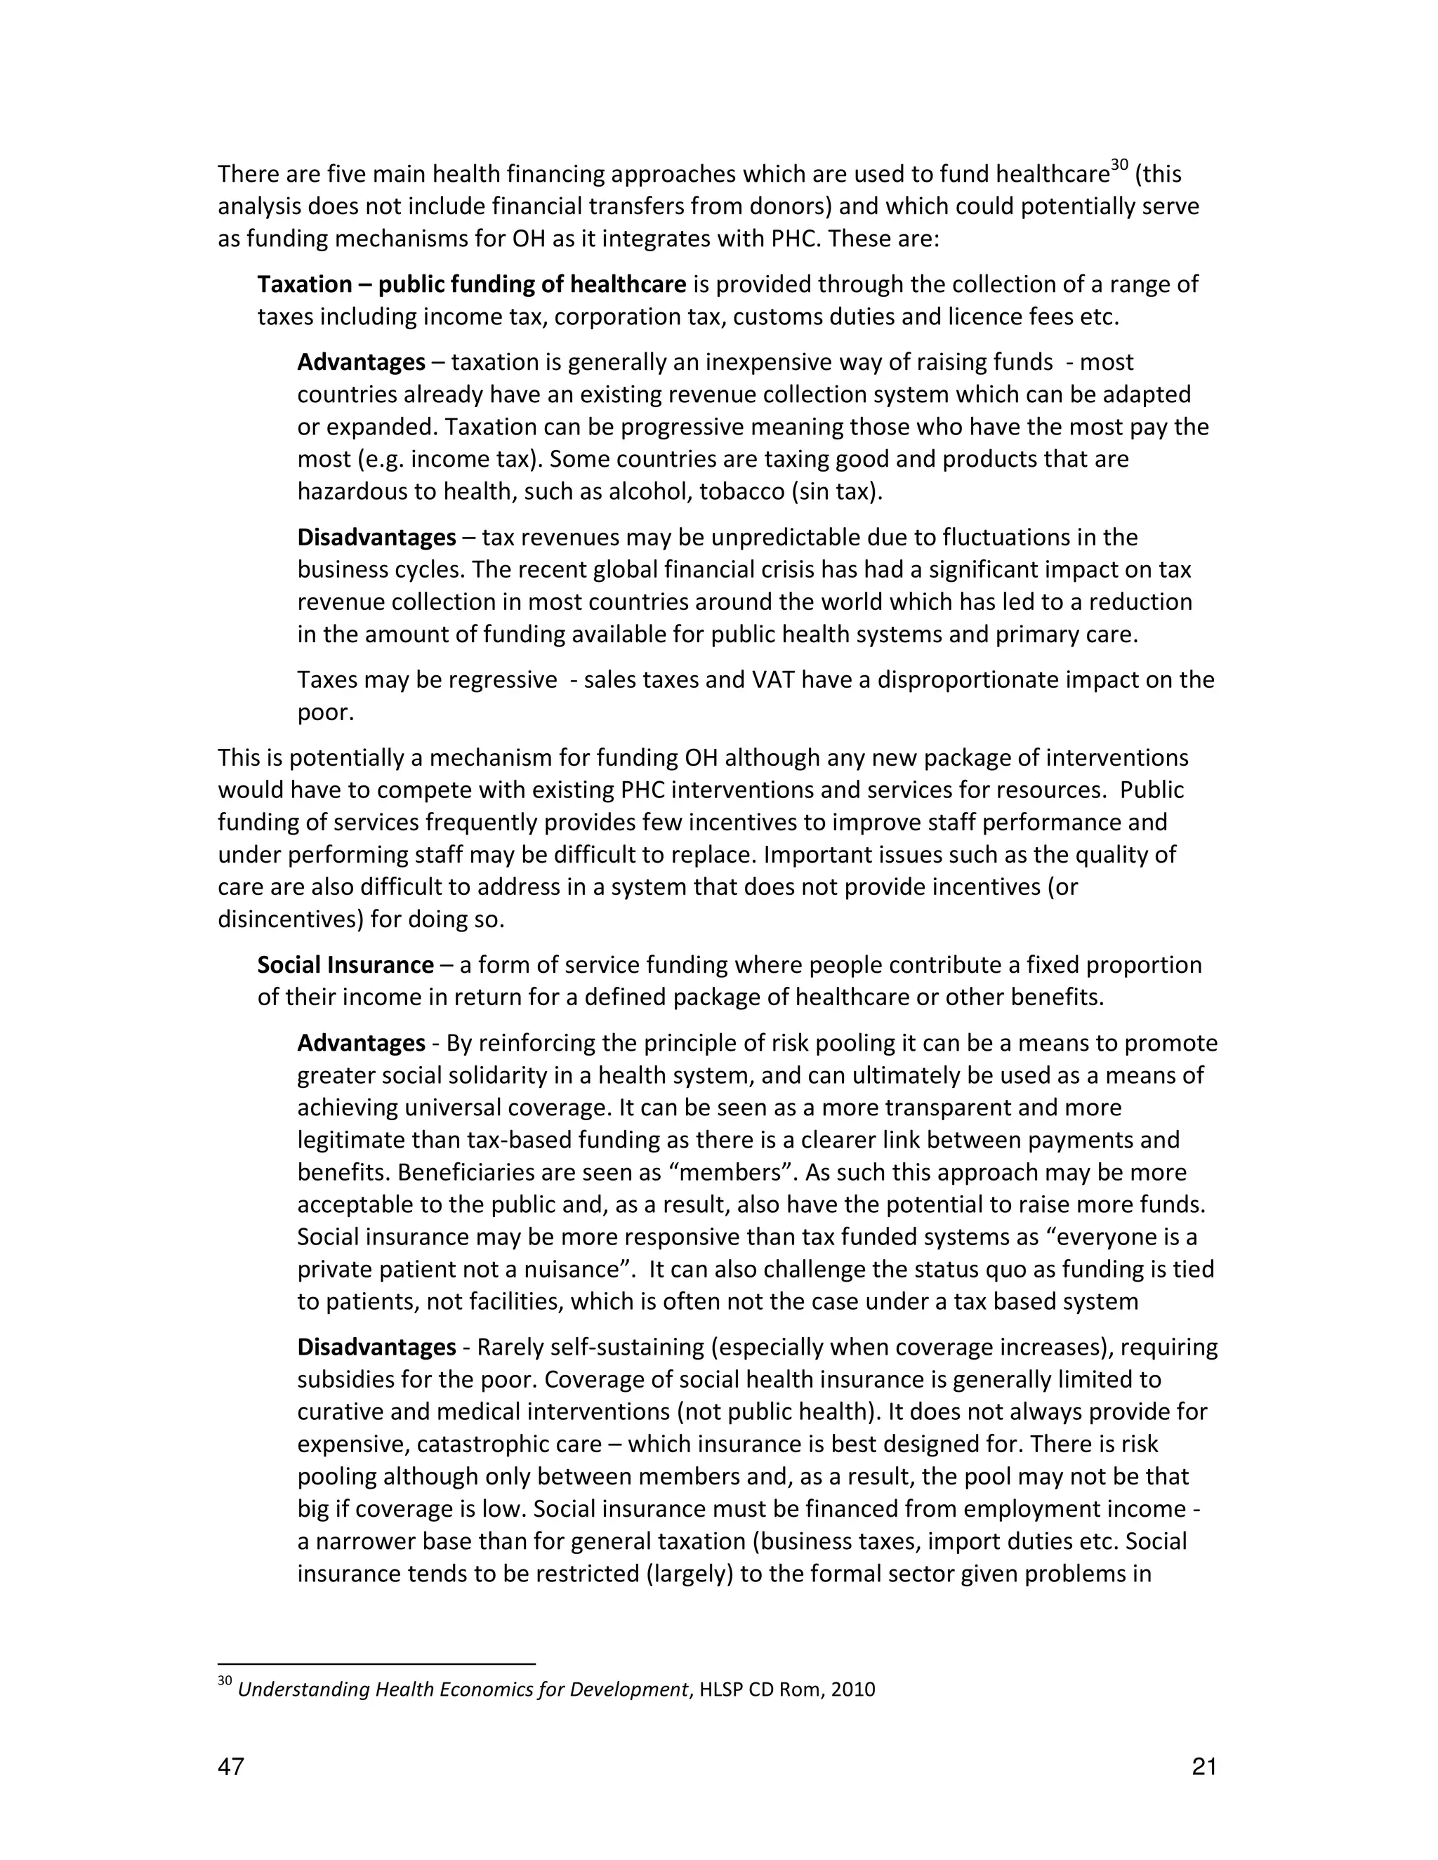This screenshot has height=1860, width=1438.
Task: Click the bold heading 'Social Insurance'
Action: [345, 965]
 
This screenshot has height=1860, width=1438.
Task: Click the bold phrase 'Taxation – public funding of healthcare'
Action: [471, 284]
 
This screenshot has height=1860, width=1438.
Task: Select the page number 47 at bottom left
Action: [231, 1768]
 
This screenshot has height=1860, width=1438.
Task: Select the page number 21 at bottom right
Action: [1203, 1768]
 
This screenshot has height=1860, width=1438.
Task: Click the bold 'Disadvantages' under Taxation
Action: [376, 538]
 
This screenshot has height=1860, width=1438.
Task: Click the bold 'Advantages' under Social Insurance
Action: [361, 1043]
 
